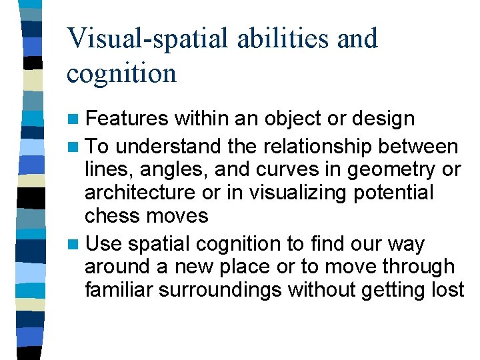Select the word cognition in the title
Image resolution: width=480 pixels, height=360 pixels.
[x=121, y=73]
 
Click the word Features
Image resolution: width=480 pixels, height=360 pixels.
[x=127, y=119]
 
